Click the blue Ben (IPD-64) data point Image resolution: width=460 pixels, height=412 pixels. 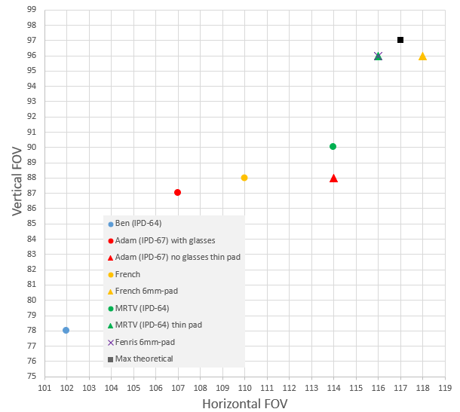pyautogui.click(x=66, y=330)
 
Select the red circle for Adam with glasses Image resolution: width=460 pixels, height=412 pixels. pyautogui.click(x=177, y=192)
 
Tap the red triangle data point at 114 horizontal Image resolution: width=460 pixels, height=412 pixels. pyautogui.click(x=333, y=178)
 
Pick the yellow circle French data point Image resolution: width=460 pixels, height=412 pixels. pyautogui.click(x=244, y=178)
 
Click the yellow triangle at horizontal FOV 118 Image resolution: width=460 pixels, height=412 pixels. pyautogui.click(x=422, y=56)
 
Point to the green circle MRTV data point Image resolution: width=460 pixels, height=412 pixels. pyautogui.click(x=333, y=146)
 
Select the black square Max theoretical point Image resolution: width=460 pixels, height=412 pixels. pyautogui.click(x=400, y=40)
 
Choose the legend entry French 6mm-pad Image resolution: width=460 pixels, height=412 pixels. pyautogui.click(x=146, y=291)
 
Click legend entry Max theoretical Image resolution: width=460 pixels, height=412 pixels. pyautogui.click(x=144, y=359)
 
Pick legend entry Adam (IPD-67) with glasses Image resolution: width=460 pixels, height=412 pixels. pyautogui.click(x=165, y=240)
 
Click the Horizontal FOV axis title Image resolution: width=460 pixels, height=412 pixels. pyautogui.click(x=244, y=403)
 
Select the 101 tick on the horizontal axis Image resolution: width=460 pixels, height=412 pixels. pyautogui.click(x=44, y=389)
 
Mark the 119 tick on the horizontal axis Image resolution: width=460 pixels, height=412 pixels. pyautogui.click(x=444, y=389)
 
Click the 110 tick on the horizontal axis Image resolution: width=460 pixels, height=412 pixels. pyautogui.click(x=244, y=389)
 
